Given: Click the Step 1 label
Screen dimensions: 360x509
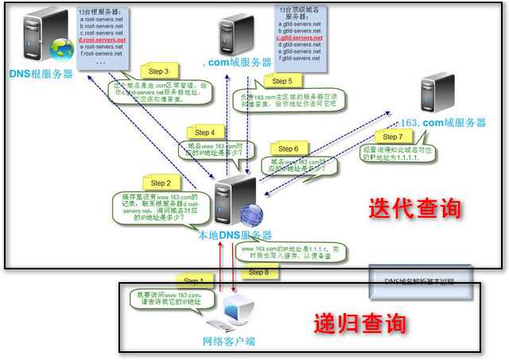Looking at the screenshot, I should click(193, 281).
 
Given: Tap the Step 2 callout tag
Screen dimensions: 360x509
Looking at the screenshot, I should click(156, 184).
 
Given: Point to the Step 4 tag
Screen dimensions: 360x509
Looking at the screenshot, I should click(204, 132).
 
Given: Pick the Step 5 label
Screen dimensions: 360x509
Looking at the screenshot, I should click(282, 80).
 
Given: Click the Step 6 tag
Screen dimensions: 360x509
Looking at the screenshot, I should click(288, 149).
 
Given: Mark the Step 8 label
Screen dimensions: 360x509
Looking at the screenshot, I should click(258, 273).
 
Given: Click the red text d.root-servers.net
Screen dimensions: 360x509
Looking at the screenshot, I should click(103, 39).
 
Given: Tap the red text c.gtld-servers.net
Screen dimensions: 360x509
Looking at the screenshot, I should click(300, 38).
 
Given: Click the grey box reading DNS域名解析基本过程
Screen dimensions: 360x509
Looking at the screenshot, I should click(425, 281).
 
